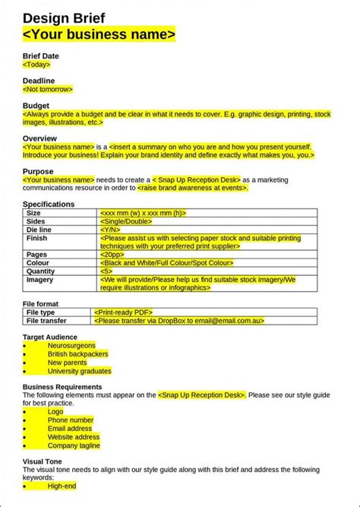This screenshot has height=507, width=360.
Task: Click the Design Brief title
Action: pos(64,18)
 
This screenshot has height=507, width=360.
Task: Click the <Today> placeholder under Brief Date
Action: pos(37,65)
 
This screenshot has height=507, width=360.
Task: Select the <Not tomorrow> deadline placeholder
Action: pos(48,89)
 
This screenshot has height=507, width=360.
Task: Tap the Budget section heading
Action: pos(36,106)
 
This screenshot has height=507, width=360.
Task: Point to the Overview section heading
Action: pos(39,138)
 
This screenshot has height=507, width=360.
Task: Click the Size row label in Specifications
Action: pos(35,214)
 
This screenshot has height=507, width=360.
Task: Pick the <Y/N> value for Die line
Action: pos(109,229)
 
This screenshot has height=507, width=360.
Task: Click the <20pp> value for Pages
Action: pos(112,255)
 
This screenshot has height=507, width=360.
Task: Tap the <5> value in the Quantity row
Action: pos(106,271)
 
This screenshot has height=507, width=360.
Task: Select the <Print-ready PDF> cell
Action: pos(124,312)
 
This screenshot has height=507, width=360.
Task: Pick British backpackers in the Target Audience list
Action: pos(77,353)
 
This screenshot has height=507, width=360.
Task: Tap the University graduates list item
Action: pos(79,371)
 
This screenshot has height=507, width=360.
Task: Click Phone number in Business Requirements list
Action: pos(71,420)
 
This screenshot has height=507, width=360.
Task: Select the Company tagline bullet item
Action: pos(74,445)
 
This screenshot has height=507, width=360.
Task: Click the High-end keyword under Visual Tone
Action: pos(62,486)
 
